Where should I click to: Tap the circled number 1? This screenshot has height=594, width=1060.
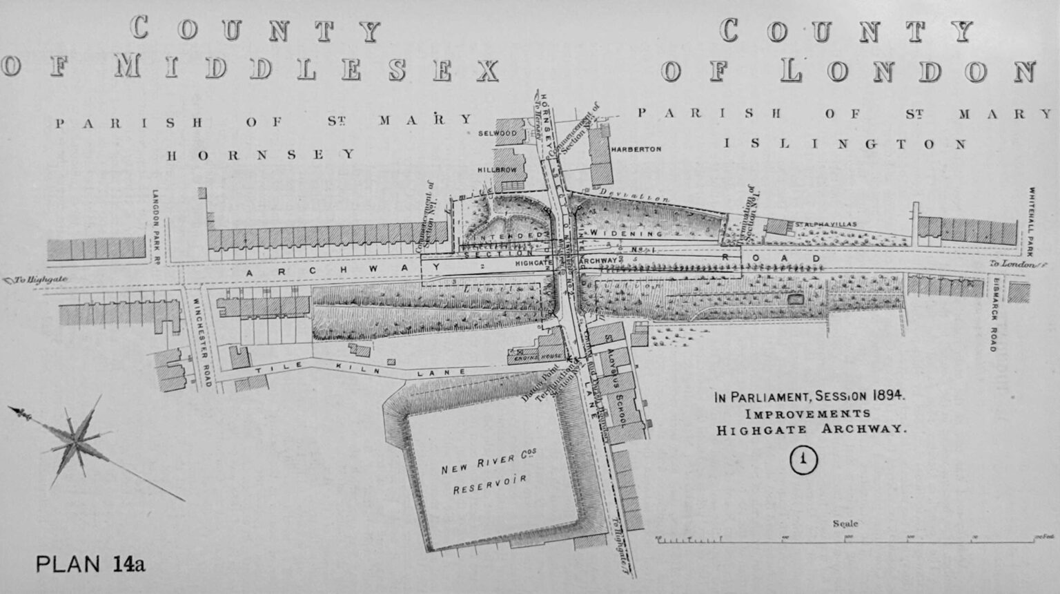(804, 460)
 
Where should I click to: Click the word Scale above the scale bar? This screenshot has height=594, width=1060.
(845, 524)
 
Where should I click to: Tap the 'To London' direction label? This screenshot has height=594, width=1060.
(1013, 265)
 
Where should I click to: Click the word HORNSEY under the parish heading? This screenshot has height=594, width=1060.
(262, 155)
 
